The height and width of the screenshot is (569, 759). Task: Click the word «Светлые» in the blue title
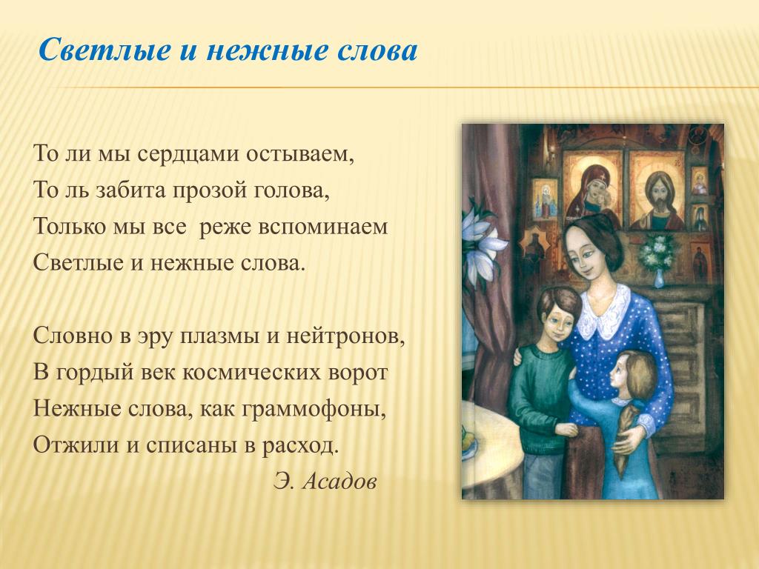(x=105, y=50)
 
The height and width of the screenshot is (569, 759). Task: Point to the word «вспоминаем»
(x=323, y=227)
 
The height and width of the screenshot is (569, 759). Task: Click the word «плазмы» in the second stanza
(x=219, y=336)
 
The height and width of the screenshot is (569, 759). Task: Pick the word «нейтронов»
(x=345, y=336)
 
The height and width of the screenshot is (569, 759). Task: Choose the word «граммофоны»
(x=313, y=409)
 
